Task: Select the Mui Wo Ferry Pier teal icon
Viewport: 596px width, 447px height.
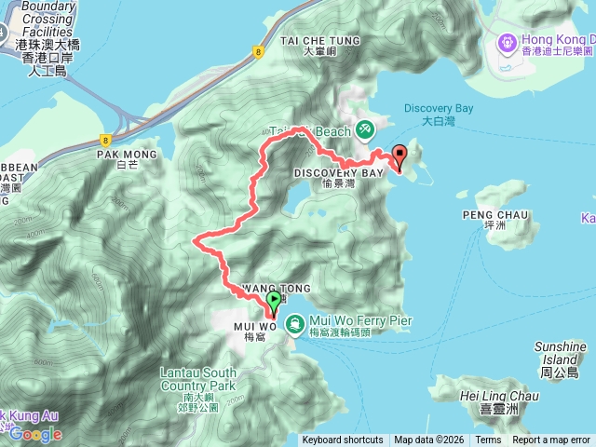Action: click(294, 323)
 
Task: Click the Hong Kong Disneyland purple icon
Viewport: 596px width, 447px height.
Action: click(507, 42)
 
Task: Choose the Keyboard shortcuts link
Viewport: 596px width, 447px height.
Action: click(342, 440)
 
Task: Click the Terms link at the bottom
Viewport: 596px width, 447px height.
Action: click(488, 440)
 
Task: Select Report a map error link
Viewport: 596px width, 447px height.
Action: click(551, 440)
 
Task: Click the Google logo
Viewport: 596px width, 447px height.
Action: click(36, 433)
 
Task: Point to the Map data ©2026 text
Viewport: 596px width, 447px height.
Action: click(429, 440)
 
